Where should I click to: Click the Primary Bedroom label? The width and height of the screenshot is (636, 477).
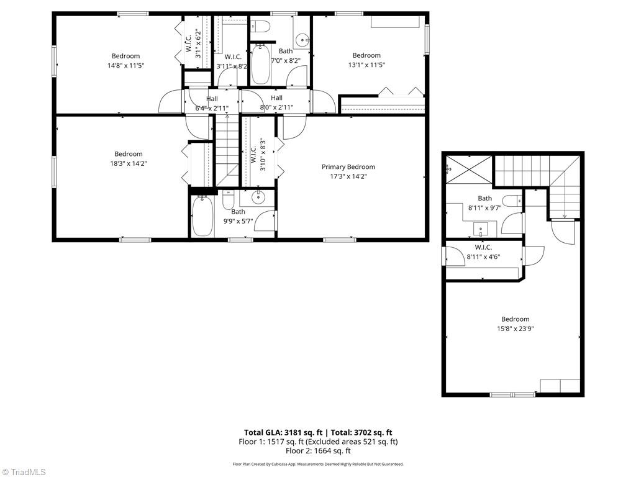pos(348,166)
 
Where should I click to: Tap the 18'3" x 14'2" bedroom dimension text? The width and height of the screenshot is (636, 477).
pos(128,164)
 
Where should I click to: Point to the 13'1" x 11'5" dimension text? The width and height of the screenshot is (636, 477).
pos(366,65)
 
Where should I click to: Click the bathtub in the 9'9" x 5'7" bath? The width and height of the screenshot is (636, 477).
pos(202,216)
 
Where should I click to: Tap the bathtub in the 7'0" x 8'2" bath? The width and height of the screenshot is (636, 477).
pos(260,63)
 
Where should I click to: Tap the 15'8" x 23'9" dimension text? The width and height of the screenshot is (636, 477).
pos(515,329)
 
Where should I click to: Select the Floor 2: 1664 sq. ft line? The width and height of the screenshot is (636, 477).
pos(318,450)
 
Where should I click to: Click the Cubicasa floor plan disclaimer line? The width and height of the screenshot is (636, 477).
pos(318,464)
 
